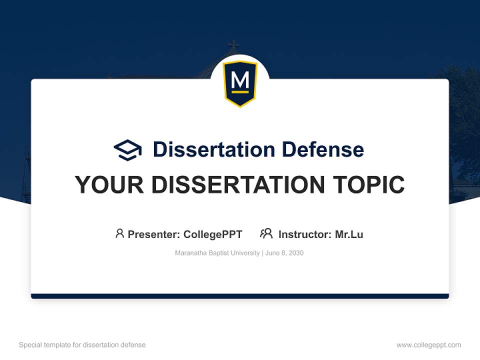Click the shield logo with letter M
[x=240, y=83]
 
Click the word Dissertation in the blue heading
[x=214, y=149]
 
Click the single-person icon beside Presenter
[x=119, y=233]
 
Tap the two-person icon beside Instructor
[x=266, y=233]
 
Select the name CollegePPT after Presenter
[x=213, y=234]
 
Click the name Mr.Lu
[x=349, y=234]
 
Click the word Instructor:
[x=305, y=234]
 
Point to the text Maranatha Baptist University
[x=217, y=253]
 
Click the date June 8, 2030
[x=284, y=253]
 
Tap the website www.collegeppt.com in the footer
[x=428, y=345]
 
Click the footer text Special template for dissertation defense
[x=82, y=345]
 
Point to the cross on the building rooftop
[x=233, y=45]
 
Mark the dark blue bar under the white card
[x=240, y=296]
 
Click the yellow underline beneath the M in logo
[x=240, y=92]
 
